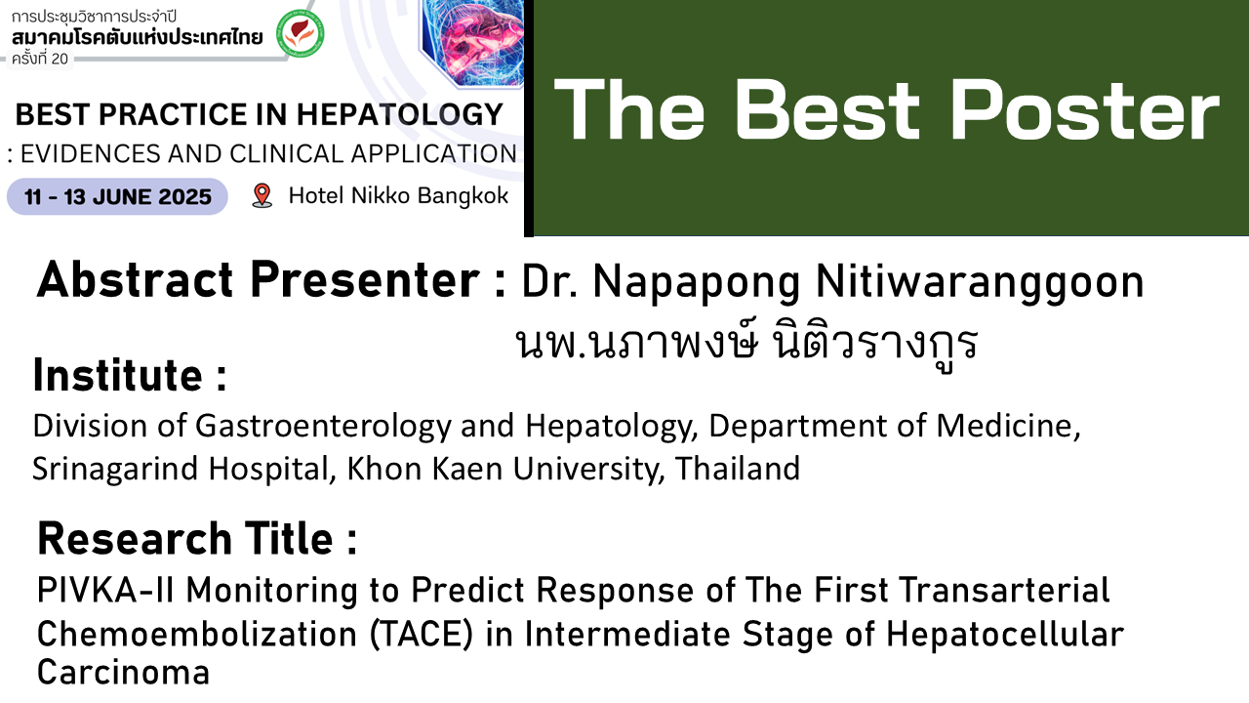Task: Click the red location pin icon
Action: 262,196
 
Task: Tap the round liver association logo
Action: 301,33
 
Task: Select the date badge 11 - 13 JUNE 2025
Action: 117,196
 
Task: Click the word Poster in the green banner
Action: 1085,109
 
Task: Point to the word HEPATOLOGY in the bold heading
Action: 400,114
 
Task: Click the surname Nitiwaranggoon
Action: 980,283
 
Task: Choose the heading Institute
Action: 130,376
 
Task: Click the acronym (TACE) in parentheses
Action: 422,635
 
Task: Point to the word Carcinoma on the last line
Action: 123,672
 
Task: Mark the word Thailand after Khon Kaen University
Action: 738,468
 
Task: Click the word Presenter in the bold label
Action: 365,279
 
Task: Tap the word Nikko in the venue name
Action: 381,196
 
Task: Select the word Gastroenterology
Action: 323,427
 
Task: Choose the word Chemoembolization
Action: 197,635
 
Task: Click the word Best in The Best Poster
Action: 826,109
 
